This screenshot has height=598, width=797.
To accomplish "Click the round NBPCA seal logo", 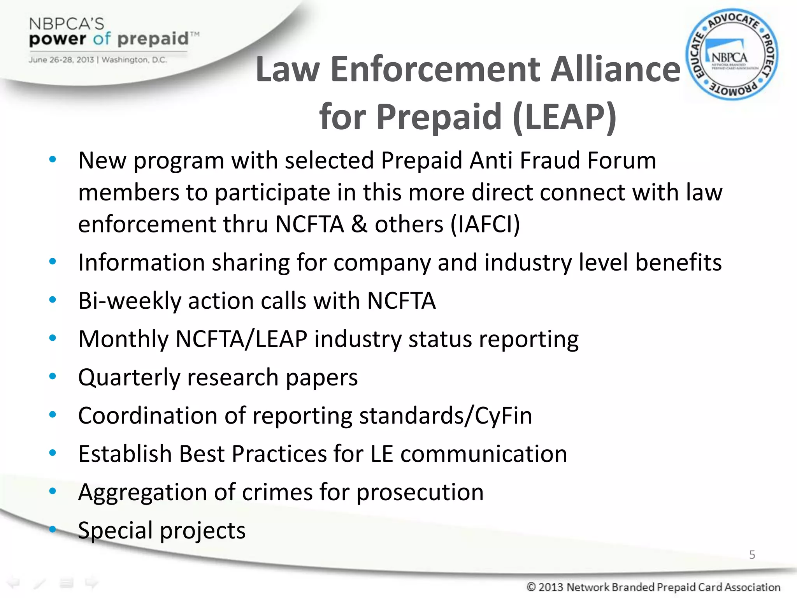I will (x=732, y=55).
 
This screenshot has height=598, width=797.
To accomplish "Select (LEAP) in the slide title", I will (x=565, y=116).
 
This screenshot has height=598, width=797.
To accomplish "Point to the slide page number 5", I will (x=752, y=554).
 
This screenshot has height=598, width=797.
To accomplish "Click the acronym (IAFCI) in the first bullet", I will (x=485, y=224).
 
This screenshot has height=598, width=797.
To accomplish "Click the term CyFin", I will (x=504, y=415).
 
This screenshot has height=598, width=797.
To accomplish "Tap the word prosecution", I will (x=420, y=492).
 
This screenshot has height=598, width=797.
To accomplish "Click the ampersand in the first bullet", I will (x=359, y=224).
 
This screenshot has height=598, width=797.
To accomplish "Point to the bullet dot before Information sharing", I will (x=53, y=262).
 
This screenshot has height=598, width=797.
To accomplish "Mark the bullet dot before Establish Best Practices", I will (x=53, y=453).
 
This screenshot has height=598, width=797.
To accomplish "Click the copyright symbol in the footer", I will (x=531, y=587).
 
